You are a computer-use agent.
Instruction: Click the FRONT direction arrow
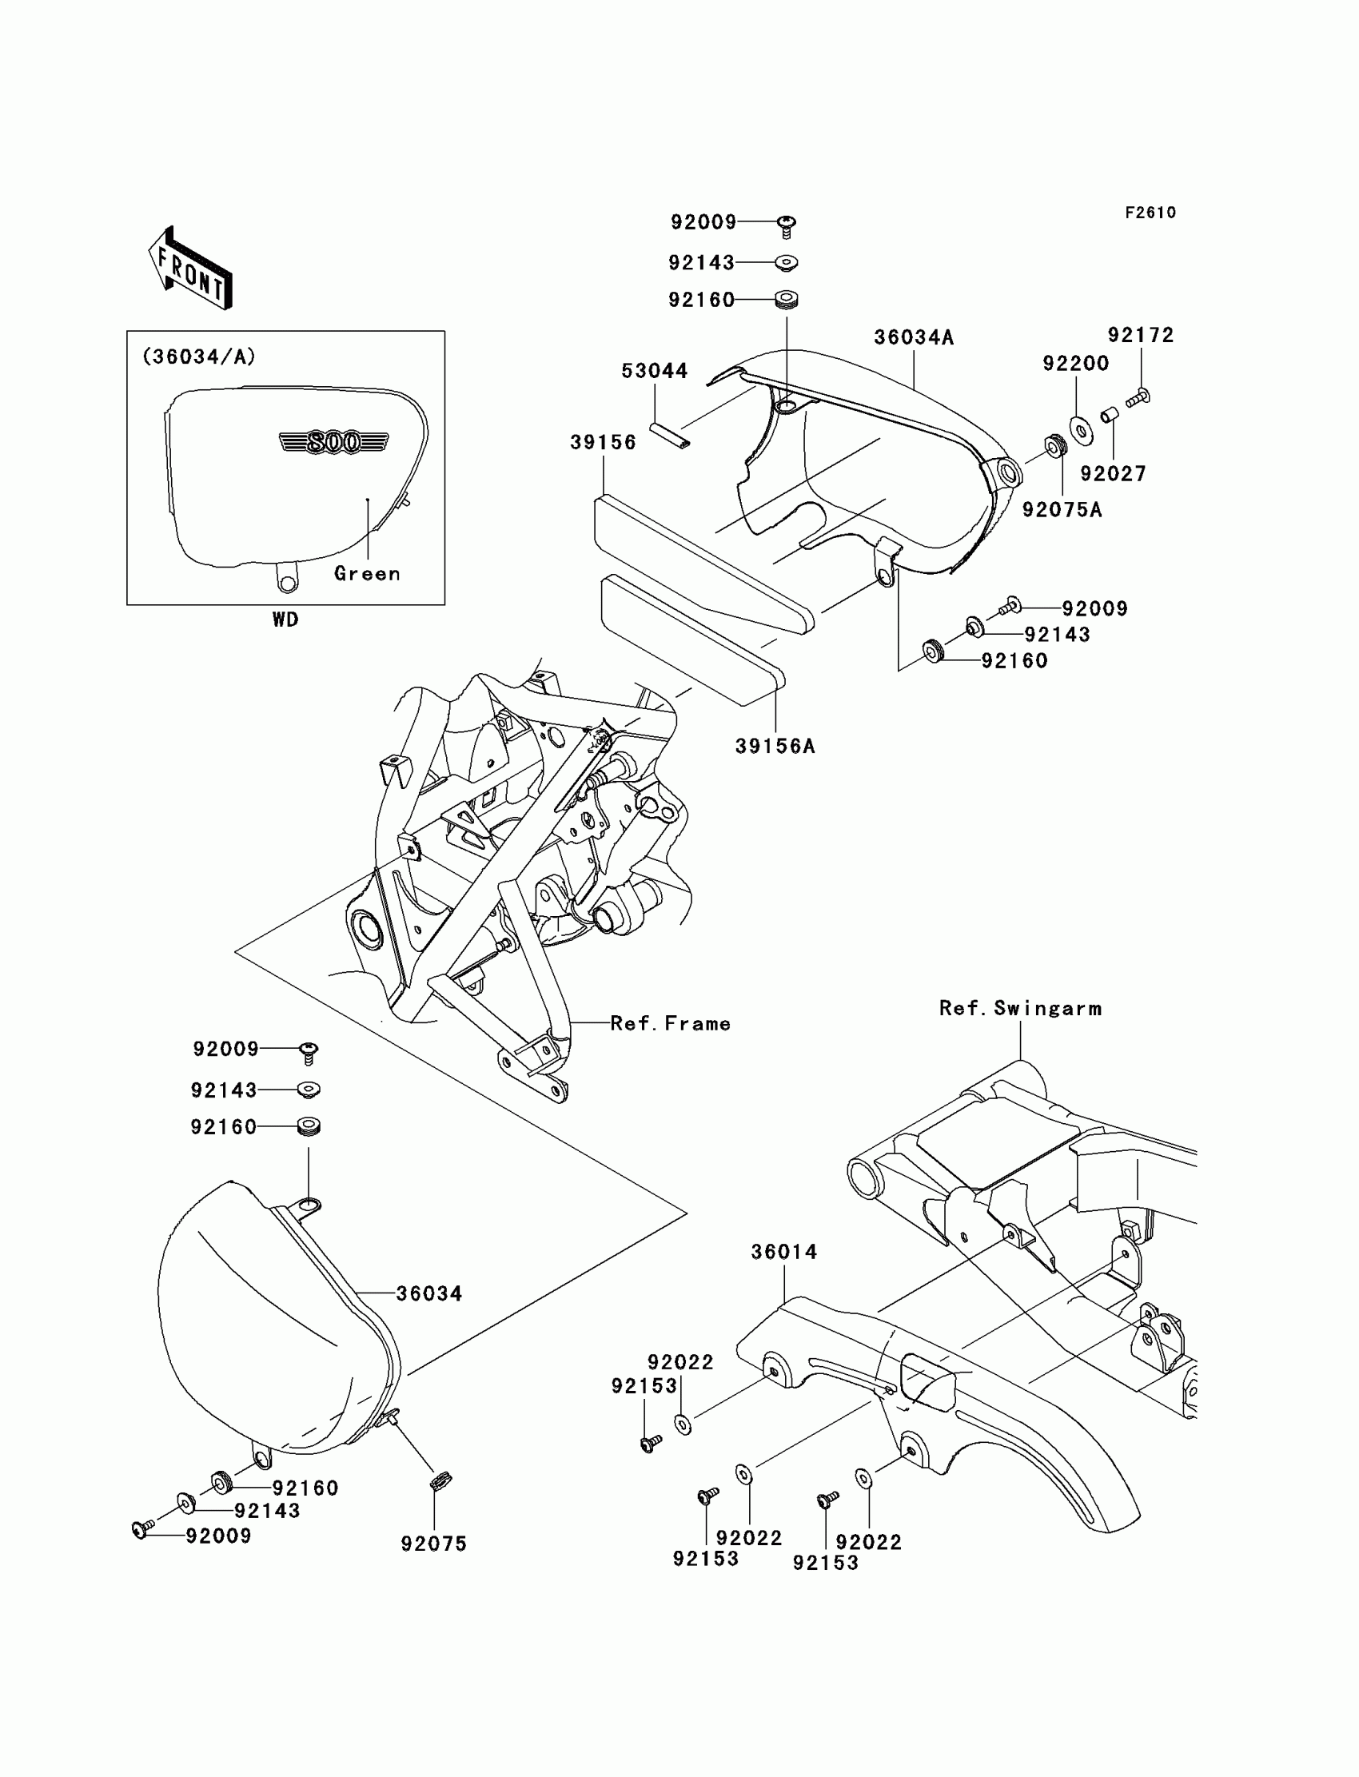coord(191,269)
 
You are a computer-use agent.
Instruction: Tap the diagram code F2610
coord(1150,213)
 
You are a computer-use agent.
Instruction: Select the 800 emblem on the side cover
coord(333,442)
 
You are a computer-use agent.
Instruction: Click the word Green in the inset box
coord(367,573)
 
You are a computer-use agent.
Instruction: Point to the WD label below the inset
coord(285,620)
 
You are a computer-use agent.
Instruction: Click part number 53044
coord(655,371)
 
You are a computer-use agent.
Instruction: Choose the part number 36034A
coord(913,337)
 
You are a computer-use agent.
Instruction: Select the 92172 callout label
coord(1141,335)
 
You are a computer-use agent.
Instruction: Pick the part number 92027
coord(1113,474)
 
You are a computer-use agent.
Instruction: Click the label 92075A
coord(1062,510)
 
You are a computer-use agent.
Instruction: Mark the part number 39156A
coord(775,746)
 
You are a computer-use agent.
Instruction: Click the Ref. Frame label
coord(670,1024)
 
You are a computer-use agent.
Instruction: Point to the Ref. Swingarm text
coord(1020,1009)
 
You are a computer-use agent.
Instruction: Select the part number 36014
coord(784,1252)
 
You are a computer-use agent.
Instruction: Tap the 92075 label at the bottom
coord(433,1544)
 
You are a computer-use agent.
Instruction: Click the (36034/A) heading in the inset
coord(199,357)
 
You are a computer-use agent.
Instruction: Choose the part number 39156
coord(603,442)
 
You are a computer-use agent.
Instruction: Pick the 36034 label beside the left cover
coord(428,1294)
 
